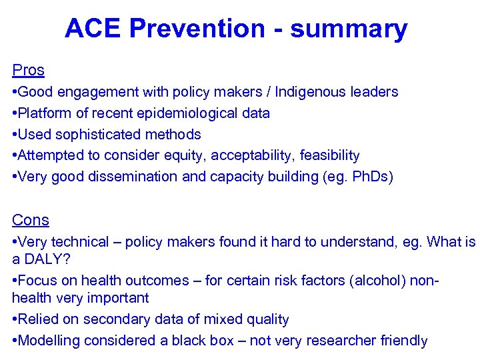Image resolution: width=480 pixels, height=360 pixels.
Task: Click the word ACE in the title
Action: click(x=93, y=29)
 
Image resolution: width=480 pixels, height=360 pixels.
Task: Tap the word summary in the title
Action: click(x=349, y=29)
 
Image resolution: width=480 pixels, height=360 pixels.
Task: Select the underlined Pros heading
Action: click(x=28, y=70)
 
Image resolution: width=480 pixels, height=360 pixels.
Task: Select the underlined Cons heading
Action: click(x=30, y=220)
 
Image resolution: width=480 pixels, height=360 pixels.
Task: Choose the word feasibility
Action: click(x=329, y=156)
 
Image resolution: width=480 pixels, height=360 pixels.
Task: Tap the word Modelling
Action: click(x=51, y=341)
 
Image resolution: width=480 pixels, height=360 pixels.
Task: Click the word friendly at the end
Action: click(x=403, y=341)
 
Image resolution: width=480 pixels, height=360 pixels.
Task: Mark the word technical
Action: click(x=81, y=242)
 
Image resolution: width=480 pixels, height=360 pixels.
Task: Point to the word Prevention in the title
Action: click(x=197, y=29)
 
